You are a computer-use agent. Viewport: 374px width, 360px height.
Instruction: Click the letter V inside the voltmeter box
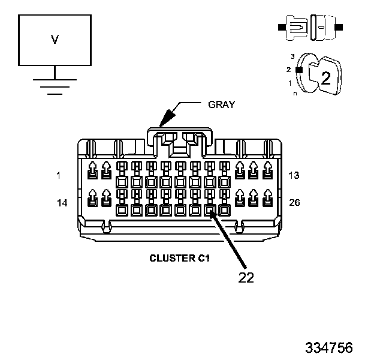click(55, 40)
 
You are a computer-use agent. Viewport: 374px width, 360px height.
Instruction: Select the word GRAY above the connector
click(222, 104)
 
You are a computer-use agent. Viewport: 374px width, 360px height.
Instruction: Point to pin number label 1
click(59, 175)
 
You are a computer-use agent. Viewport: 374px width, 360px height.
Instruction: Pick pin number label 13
click(294, 175)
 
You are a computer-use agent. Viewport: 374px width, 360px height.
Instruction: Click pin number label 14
click(62, 203)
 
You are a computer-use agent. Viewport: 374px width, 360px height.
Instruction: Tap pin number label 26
click(294, 203)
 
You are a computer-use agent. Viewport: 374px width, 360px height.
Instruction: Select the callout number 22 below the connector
click(246, 277)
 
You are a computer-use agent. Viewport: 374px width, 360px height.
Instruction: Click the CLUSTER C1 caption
click(179, 259)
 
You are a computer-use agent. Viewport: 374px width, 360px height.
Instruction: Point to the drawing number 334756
click(329, 347)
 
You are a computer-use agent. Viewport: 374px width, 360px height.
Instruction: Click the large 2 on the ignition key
click(326, 78)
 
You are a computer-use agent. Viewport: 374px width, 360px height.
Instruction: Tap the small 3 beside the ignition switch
click(292, 56)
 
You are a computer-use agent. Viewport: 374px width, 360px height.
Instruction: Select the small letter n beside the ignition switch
click(295, 94)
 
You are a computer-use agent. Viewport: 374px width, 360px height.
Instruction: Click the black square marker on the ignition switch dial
click(299, 70)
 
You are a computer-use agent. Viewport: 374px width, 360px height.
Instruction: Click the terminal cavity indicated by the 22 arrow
click(210, 211)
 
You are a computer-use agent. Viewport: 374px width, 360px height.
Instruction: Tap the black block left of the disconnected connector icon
click(282, 27)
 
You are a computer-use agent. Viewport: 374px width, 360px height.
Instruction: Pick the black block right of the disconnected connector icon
click(339, 27)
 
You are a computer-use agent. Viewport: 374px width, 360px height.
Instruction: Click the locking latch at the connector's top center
click(180, 143)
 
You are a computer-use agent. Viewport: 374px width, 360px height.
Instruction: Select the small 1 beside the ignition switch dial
click(290, 83)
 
